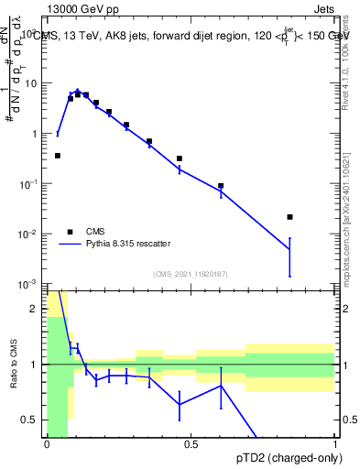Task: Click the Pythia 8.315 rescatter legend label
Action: tap(127, 245)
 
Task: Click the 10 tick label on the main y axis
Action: tap(30, 82)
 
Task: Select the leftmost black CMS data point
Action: tap(58, 156)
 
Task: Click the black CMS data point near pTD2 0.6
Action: tap(221, 186)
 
